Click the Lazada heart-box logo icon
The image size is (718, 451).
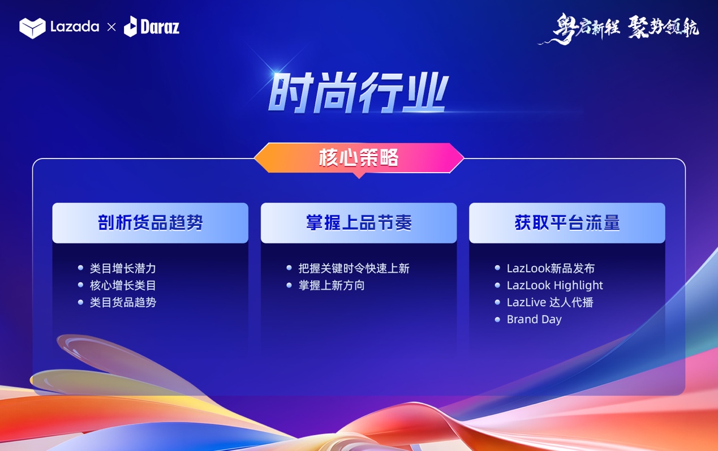(32, 28)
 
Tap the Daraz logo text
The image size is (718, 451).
(160, 27)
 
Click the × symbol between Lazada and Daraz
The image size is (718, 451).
(111, 27)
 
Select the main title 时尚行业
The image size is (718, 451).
(358, 92)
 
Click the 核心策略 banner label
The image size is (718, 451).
(359, 157)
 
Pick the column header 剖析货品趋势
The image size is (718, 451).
(151, 222)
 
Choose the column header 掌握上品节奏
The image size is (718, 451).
(359, 222)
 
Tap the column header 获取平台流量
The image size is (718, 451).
(567, 222)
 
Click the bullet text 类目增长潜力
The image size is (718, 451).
(123, 268)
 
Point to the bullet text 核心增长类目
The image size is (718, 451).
(123, 285)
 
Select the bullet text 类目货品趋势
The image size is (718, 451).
(123, 302)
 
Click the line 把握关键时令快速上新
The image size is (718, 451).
(354, 268)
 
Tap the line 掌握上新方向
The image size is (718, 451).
(332, 285)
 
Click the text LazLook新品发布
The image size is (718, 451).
(551, 268)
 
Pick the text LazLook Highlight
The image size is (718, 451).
(555, 285)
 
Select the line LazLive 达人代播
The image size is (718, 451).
(550, 302)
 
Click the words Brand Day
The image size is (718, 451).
(534, 319)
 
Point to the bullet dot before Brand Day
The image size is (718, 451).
(497, 319)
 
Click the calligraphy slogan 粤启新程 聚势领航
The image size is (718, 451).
(618, 29)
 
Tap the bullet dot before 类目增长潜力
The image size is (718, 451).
(81, 268)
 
